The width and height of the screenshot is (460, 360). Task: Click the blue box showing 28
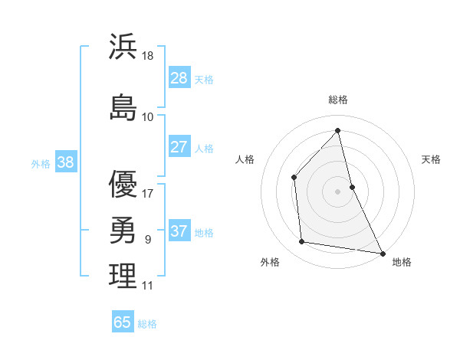[x=179, y=78]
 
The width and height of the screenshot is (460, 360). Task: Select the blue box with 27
[x=179, y=147]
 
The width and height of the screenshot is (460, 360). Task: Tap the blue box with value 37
[x=179, y=231]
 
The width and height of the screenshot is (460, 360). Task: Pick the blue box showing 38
[x=65, y=162]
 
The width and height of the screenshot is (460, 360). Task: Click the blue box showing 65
[x=123, y=322]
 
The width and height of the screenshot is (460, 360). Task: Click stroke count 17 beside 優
[x=148, y=193]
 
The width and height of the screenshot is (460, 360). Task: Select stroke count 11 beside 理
[x=147, y=286]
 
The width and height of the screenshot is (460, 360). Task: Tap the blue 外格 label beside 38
[x=41, y=163]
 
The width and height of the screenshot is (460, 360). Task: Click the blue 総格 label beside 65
[x=147, y=324]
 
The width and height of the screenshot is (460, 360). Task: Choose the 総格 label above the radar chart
[x=338, y=100]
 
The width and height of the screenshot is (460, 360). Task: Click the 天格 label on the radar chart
[x=431, y=159]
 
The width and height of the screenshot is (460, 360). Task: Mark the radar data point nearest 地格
[x=382, y=253]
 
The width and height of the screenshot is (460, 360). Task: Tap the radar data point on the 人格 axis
[x=294, y=178]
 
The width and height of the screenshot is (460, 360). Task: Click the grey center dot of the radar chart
[x=337, y=191]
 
